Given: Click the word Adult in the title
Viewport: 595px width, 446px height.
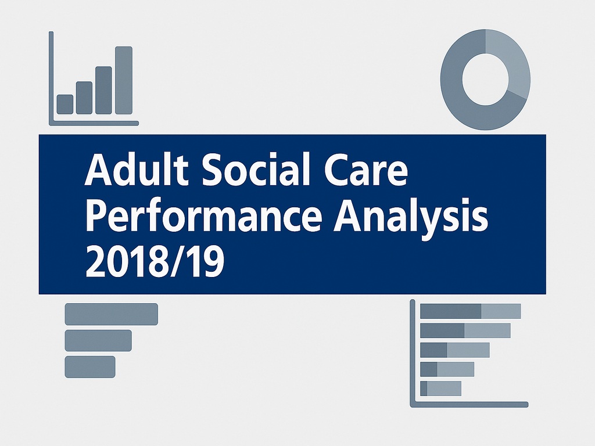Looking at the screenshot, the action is click(x=136, y=168).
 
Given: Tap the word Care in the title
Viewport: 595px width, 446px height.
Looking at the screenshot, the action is click(x=366, y=169).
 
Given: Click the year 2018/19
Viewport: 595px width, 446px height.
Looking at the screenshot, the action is click(x=155, y=261).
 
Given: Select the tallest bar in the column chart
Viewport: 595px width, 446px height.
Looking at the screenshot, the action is click(x=124, y=80).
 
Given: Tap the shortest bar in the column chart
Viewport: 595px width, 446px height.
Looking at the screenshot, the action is click(x=65, y=105).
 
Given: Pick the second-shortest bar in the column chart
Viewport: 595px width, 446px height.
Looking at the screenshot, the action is click(x=84, y=98).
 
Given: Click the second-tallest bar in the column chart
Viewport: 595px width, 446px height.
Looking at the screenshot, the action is click(x=103, y=90).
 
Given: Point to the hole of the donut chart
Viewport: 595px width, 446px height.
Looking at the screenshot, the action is click(x=485, y=79).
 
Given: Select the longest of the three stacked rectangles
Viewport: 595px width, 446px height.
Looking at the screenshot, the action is click(x=111, y=314).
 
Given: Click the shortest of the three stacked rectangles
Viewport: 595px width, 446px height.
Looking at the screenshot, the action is click(x=90, y=367).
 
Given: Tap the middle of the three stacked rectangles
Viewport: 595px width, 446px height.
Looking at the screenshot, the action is click(x=98, y=340).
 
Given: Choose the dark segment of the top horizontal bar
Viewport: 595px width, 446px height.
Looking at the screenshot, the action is click(x=451, y=311).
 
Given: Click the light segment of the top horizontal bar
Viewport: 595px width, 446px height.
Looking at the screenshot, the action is click(x=501, y=311).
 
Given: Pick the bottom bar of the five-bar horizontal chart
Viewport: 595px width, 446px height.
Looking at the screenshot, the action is click(x=440, y=389).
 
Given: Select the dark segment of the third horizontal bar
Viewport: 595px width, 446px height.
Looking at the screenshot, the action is click(x=433, y=350).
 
